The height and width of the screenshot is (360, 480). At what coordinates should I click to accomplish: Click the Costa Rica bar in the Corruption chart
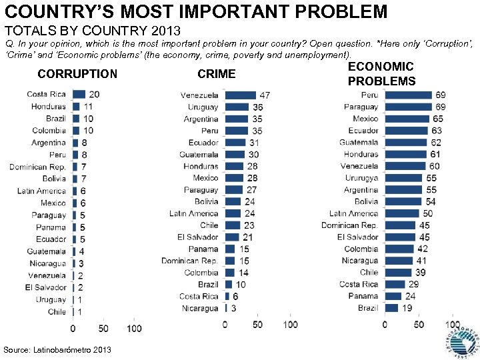[79, 94]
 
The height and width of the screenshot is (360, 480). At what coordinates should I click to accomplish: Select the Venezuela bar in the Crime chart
[240, 95]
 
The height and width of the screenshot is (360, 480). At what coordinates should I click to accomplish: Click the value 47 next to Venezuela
[265, 95]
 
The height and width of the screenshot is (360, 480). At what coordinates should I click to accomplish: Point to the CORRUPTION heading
[77, 74]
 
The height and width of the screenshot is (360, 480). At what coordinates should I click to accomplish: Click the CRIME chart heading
[217, 74]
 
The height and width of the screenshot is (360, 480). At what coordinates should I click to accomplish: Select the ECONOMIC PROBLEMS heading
[381, 73]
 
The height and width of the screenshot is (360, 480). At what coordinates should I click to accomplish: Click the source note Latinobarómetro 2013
[57, 350]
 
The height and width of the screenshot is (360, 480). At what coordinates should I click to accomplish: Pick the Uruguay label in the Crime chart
[203, 107]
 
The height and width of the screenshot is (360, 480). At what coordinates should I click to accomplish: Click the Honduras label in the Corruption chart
[48, 107]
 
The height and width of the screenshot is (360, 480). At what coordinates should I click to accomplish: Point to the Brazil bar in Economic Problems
[391, 308]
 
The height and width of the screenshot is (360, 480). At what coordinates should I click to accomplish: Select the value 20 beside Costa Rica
[94, 95]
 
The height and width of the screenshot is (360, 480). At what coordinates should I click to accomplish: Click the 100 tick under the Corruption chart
[133, 329]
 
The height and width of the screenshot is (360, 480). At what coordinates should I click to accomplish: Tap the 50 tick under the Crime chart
[257, 325]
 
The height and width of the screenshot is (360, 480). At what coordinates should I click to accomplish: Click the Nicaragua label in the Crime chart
[200, 309]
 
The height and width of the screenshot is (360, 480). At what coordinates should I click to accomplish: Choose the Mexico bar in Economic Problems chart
[406, 119]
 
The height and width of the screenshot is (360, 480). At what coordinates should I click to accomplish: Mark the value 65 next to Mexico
[437, 119]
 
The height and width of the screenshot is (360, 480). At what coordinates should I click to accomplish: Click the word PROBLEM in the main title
[341, 11]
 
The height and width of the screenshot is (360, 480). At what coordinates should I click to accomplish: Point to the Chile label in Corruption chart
[57, 312]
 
